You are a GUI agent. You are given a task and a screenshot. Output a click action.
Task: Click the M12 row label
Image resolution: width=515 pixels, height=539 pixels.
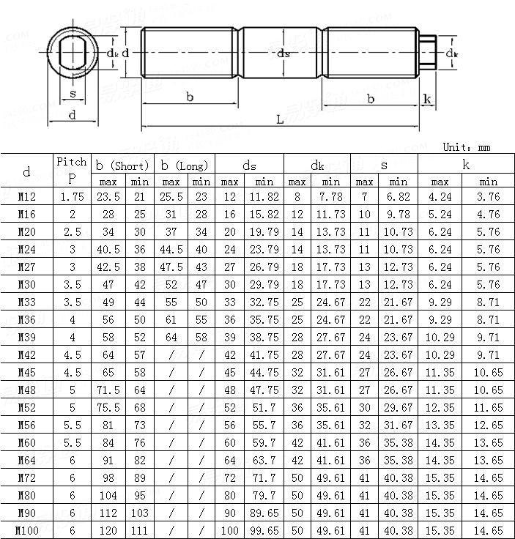[27, 196]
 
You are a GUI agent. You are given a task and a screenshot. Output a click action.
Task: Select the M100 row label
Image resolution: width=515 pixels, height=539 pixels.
[27, 531]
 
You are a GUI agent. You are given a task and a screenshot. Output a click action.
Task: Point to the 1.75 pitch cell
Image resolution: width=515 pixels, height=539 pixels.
[71, 196]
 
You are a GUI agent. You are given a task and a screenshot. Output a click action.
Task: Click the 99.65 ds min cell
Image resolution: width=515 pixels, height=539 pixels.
[264, 531]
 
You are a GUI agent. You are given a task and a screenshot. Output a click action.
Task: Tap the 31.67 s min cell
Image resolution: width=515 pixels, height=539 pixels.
[399, 425]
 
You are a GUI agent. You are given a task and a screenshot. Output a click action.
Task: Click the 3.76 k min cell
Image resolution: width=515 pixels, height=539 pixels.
[488, 196]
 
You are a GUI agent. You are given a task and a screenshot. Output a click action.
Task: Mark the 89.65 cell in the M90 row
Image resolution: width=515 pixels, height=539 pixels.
[264, 513]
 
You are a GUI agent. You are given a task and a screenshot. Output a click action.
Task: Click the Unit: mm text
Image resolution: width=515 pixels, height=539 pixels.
[467, 147]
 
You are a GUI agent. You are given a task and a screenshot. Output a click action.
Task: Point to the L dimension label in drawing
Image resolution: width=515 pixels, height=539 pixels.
[280, 119]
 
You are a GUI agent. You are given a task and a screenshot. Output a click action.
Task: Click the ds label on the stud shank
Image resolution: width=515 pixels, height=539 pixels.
[284, 53]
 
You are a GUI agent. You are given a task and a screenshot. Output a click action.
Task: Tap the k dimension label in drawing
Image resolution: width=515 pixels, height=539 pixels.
[427, 99]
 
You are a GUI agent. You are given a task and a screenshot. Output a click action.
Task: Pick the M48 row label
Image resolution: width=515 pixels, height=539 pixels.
[27, 390]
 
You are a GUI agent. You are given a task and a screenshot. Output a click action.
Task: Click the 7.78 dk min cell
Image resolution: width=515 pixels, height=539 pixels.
[331, 196]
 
